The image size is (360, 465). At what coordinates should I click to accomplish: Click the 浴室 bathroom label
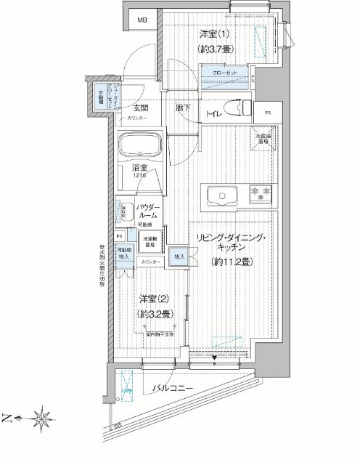click(140, 169)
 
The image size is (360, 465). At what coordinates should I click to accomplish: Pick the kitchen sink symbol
click(221, 195)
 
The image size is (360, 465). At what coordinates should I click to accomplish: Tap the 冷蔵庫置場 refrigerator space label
click(261, 139)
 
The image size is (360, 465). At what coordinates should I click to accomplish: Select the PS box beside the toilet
click(268, 112)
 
